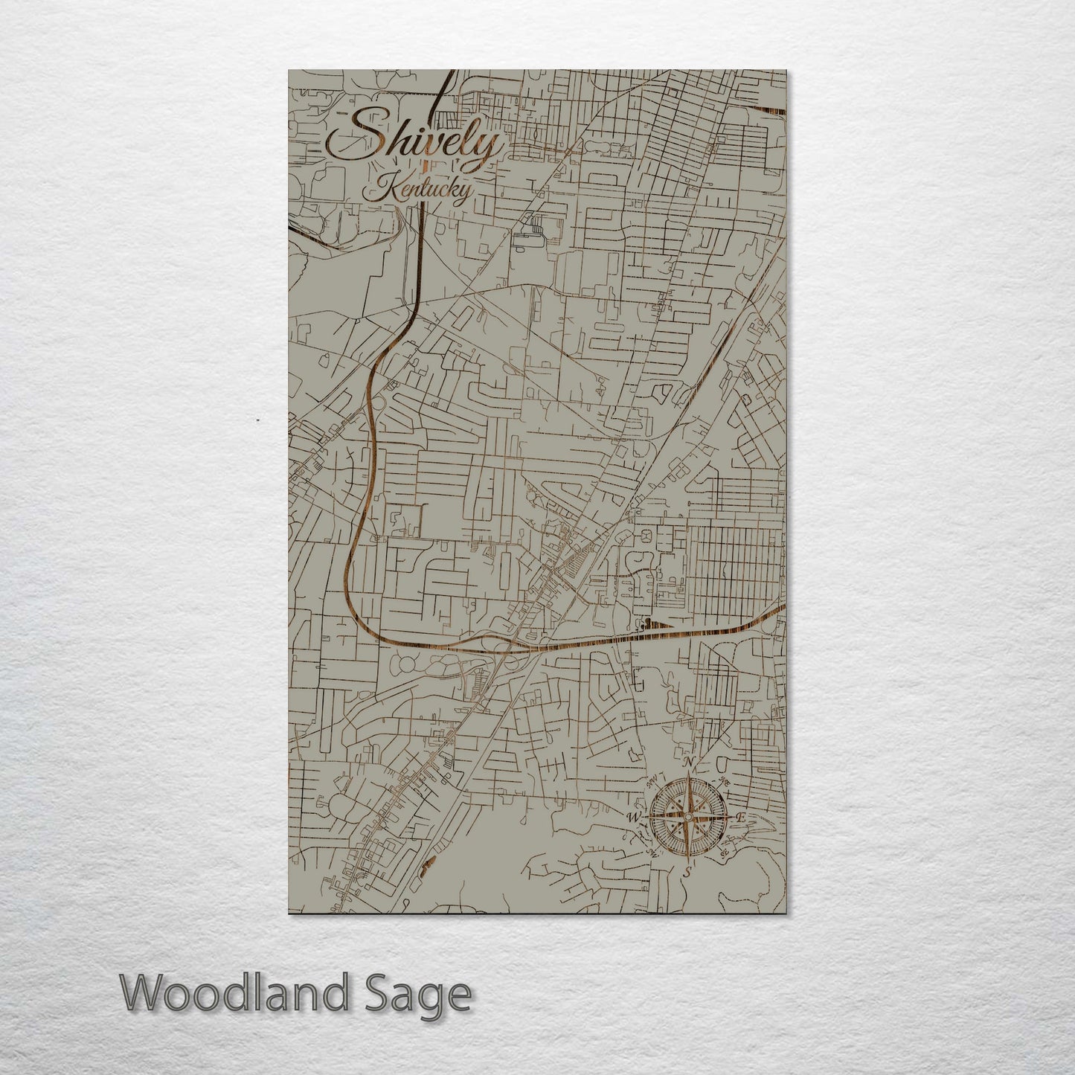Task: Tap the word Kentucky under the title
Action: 417,190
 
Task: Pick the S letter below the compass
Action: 688,870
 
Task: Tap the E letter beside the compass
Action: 740,818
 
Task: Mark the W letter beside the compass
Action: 635,818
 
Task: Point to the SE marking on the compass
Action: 724,853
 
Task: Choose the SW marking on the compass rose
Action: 652,853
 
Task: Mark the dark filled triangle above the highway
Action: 658,624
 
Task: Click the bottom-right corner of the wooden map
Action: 786,913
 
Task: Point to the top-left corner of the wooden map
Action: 289,71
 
